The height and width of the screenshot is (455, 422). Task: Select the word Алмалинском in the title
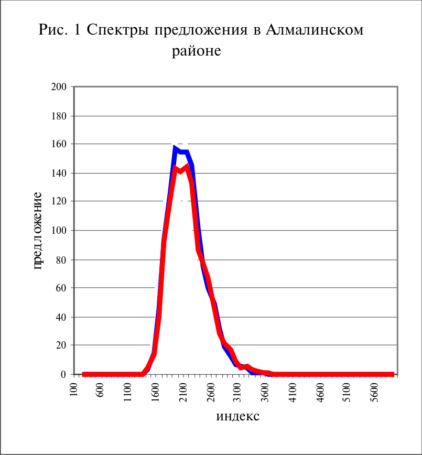point(315,29)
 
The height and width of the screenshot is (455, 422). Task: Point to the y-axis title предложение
point(37,231)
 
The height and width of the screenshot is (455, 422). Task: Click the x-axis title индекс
point(237,417)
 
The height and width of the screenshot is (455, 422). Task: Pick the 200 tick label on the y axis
point(59,87)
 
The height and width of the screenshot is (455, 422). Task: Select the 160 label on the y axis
point(59,144)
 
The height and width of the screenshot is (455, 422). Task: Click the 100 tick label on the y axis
point(59,231)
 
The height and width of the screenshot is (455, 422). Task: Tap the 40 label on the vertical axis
point(61,317)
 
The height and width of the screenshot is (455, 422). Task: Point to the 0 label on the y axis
point(63,375)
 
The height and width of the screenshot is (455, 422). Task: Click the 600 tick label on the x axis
point(100,391)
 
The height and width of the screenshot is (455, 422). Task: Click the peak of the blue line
point(174,147)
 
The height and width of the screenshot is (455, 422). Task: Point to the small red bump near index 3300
point(247,366)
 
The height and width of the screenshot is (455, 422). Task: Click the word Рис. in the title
point(53,29)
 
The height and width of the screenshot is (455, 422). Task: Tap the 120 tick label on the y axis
point(59,201)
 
